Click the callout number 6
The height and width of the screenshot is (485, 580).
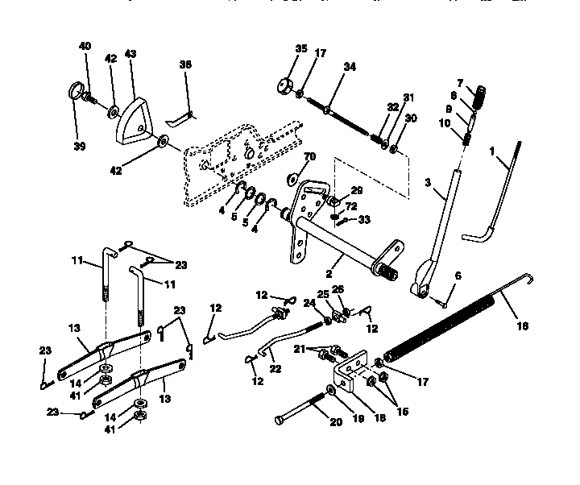(458, 276)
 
